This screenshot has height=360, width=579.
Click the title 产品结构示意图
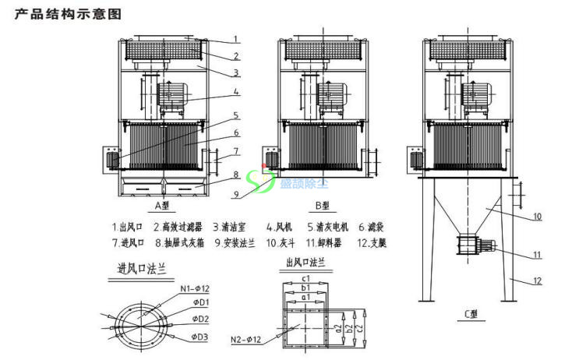(69, 15)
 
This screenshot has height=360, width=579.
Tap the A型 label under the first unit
(164, 206)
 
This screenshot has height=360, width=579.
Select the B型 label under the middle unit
(322, 206)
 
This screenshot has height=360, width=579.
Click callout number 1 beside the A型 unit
(236, 38)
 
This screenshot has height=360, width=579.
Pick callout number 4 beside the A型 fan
(236, 91)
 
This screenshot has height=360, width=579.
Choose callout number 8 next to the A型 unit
(236, 175)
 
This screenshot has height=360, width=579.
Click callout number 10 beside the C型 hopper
(538, 214)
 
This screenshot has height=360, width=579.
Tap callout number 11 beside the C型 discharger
(538, 255)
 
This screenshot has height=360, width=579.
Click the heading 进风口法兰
(142, 269)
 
